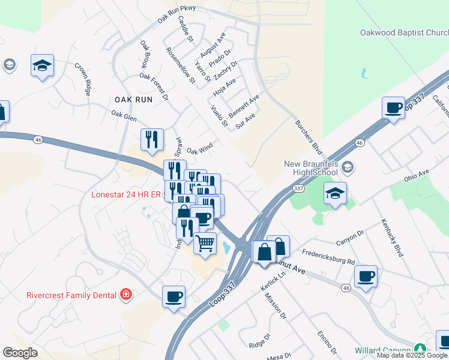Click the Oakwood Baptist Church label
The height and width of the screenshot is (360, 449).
403,32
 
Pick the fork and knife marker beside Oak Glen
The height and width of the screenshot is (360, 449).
152,140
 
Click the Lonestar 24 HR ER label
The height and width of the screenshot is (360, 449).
126,194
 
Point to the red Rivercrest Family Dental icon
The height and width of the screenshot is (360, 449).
126,294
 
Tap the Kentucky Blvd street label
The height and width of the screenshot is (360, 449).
391,238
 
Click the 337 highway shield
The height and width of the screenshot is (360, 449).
298,188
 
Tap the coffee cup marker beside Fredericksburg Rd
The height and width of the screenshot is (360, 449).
366,277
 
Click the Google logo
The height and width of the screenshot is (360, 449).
20,352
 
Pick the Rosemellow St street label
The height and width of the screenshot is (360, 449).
181,64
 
